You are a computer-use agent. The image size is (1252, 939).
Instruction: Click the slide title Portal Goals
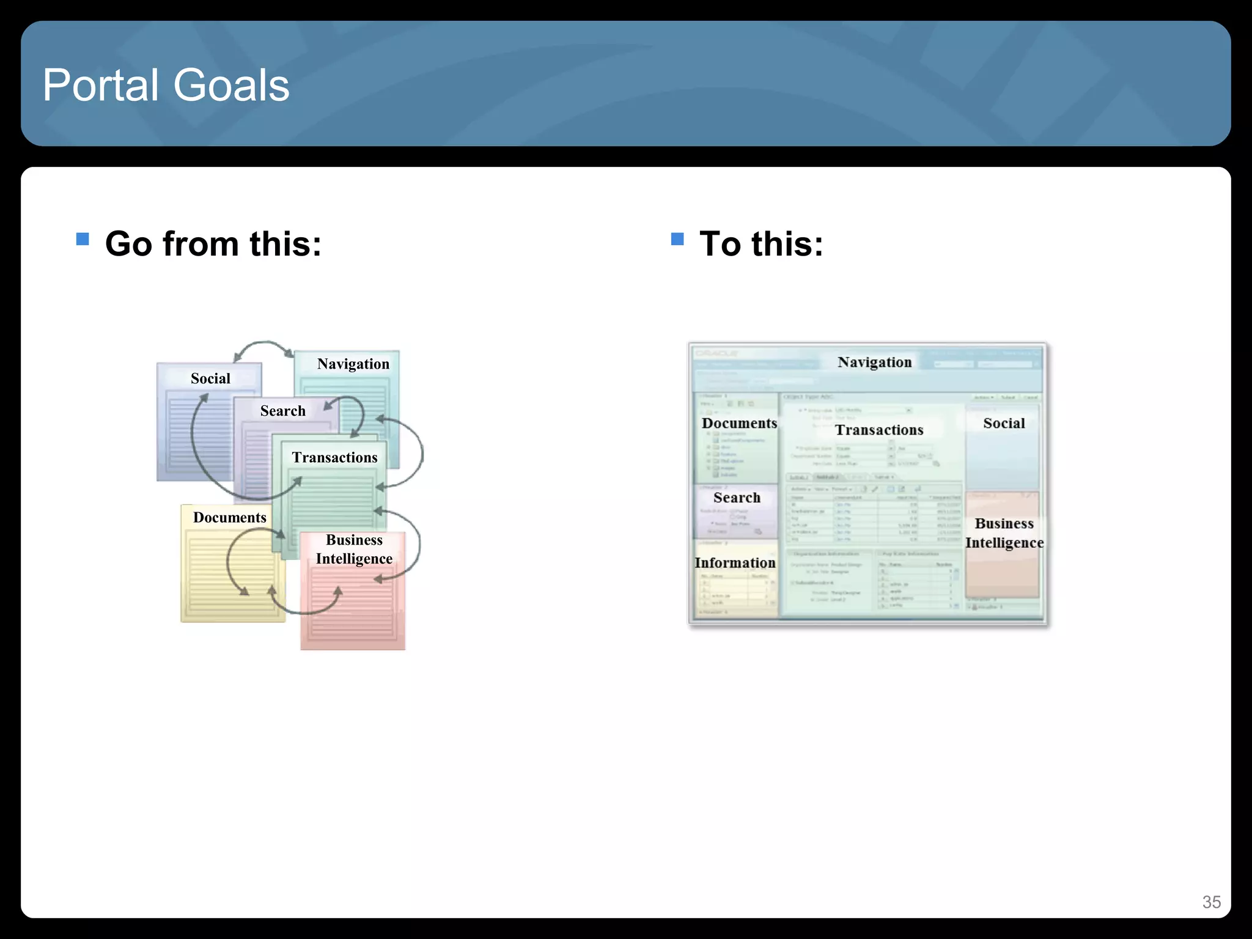pos(166,85)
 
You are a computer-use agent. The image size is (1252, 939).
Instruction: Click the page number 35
pos(1211,902)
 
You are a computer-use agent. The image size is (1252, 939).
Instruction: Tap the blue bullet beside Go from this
pos(83,238)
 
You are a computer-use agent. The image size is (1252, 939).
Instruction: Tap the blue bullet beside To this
pos(677,238)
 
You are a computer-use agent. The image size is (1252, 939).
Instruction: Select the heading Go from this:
pos(213,244)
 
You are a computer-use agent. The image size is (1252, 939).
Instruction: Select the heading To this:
pos(761,244)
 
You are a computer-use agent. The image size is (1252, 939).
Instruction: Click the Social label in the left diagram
pos(210,378)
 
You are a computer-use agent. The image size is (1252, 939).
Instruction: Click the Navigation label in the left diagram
pos(353,364)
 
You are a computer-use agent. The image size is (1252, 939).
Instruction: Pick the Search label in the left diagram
pos(282,411)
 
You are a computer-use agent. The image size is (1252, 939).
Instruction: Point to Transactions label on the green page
pos(334,457)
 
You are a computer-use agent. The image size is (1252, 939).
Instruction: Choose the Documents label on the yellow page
pos(229,517)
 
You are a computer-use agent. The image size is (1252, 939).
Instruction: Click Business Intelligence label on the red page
pos(354,549)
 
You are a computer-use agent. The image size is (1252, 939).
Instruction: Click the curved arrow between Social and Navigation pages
pos(263,344)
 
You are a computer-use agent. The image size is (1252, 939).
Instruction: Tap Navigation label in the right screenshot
pos(874,362)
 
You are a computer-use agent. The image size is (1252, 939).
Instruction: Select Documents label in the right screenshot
pos(739,423)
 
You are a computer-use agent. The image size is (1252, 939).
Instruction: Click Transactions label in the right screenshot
pos(879,430)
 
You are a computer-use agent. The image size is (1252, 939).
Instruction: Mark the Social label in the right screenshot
pos(1004,423)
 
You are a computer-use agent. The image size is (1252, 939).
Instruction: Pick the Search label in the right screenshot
pos(737,498)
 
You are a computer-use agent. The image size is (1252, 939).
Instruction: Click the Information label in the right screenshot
pos(735,562)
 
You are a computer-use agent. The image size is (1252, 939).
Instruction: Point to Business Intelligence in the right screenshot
pos(1004,533)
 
